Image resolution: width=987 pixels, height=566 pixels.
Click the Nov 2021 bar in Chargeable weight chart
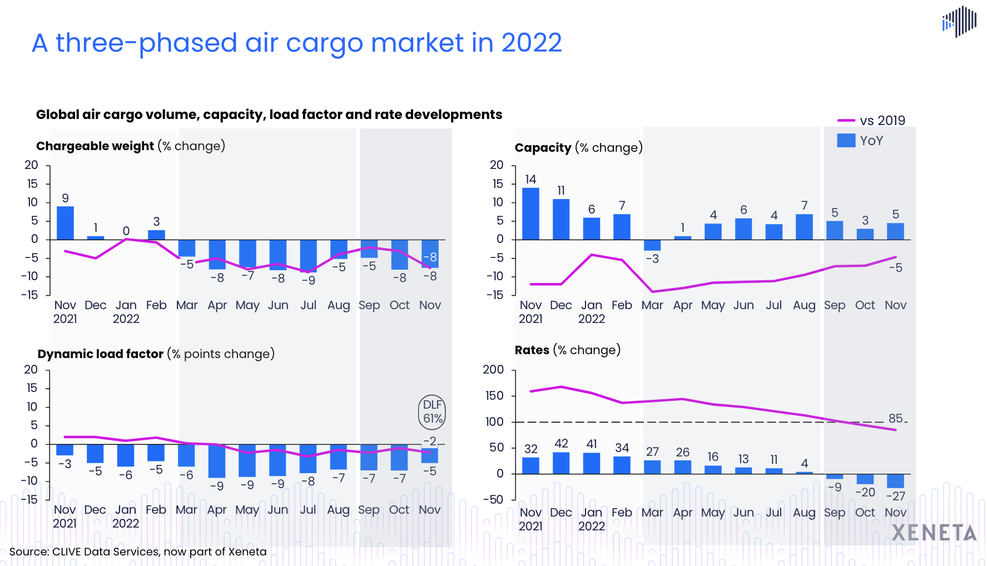click(65, 223)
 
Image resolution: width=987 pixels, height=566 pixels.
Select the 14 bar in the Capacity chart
click(530, 214)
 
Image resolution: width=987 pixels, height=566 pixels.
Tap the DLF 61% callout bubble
click(432, 412)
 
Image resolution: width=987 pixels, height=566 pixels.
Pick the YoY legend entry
click(860, 141)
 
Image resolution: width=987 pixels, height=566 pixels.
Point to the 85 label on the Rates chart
click(895, 418)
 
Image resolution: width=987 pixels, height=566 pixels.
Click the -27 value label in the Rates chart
click(895, 496)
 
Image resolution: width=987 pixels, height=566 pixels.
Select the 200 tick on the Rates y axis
click(493, 370)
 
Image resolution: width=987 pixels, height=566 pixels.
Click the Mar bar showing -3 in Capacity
click(652, 245)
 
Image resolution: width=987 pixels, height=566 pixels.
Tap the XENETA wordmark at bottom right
click(934, 533)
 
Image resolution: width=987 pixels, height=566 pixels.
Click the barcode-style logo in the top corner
click(959, 22)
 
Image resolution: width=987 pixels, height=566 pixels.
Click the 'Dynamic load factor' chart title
click(101, 354)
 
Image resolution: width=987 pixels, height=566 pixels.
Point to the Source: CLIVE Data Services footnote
click(138, 552)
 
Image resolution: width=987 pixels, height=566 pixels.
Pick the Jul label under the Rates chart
click(773, 512)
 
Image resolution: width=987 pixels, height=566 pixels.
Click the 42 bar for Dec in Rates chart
click(561, 463)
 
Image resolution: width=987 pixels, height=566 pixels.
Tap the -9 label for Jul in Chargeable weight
click(308, 280)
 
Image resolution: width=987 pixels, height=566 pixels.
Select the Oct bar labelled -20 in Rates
click(865, 479)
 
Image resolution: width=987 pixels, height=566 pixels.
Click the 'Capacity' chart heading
click(543, 148)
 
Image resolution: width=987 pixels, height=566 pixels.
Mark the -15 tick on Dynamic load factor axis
click(29, 499)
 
